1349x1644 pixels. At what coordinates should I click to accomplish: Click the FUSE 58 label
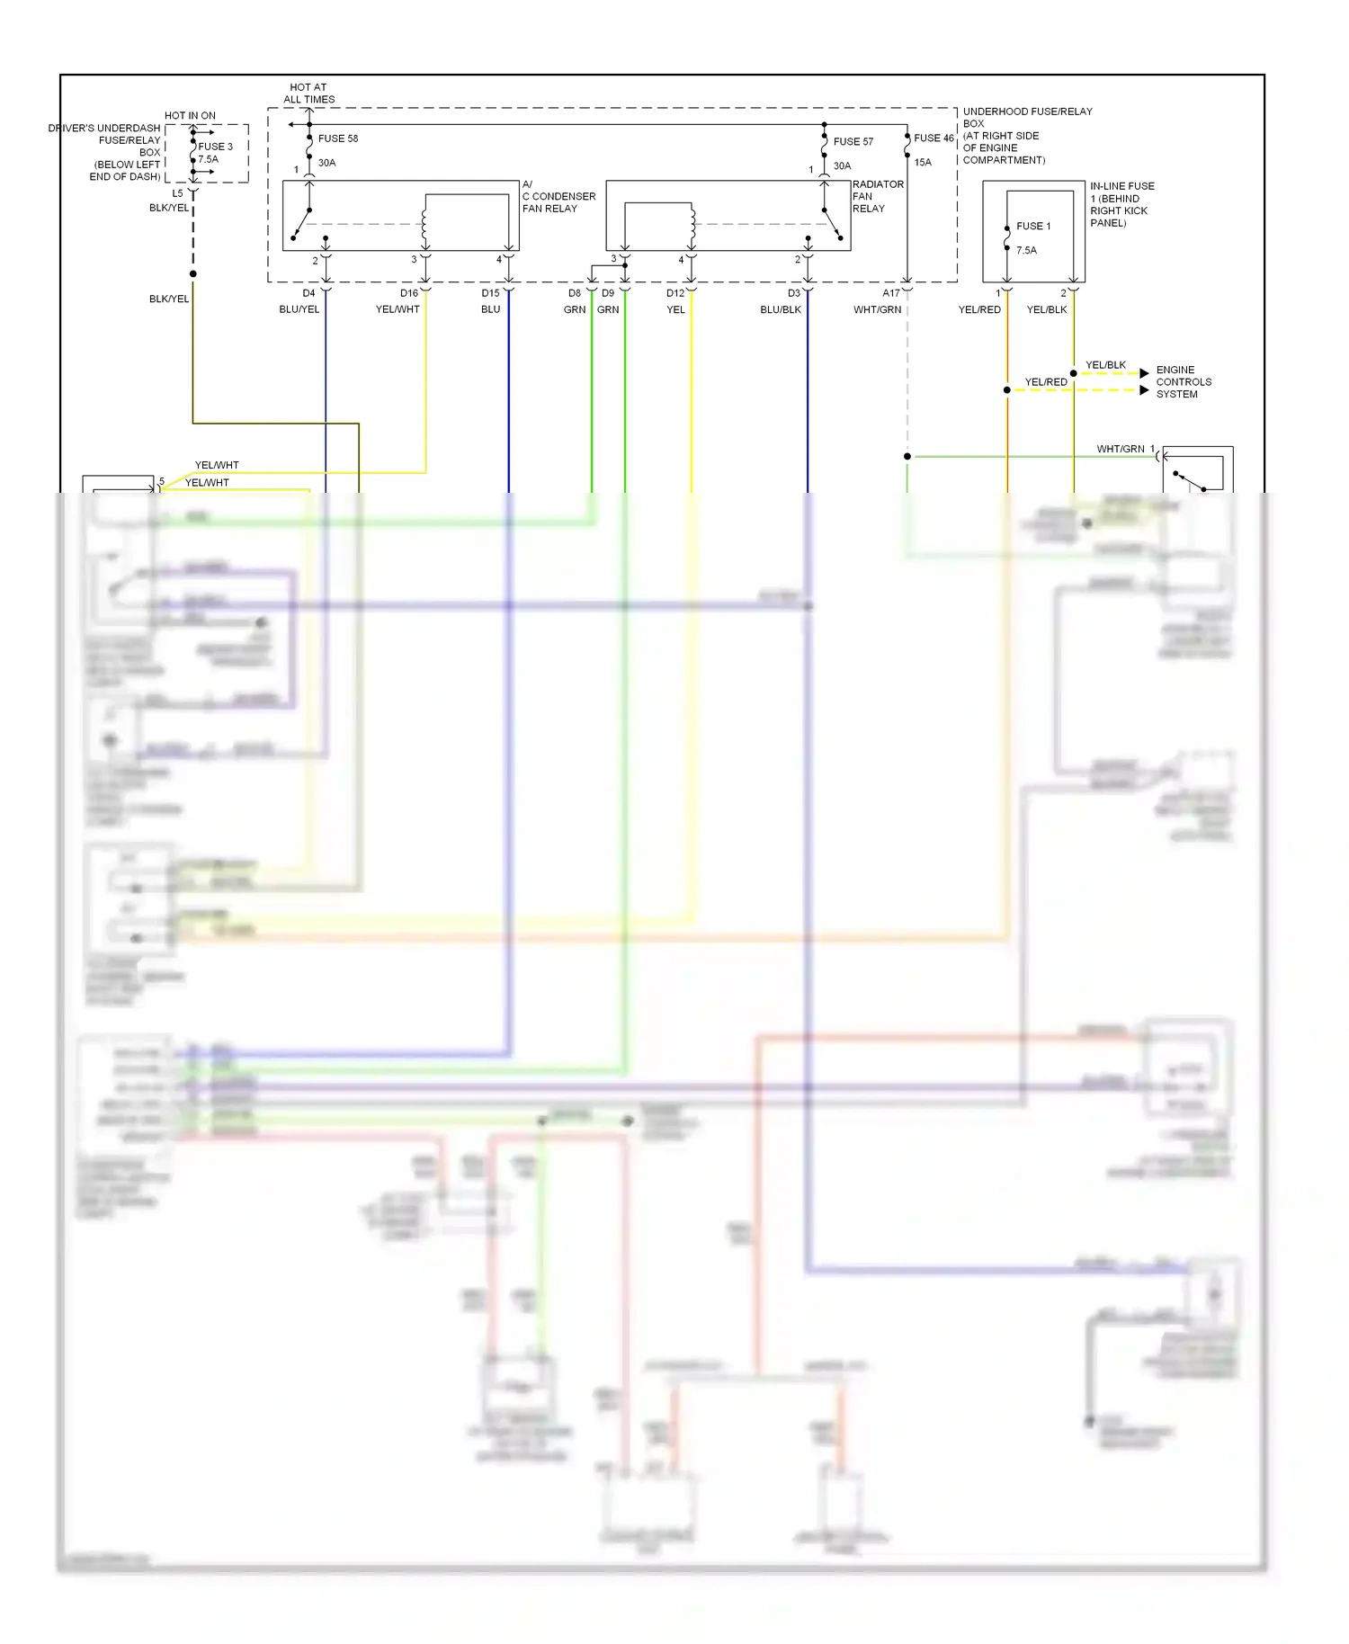tap(337, 138)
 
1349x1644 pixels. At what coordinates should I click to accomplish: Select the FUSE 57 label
tap(853, 141)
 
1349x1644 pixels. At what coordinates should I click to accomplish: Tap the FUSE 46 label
tap(934, 138)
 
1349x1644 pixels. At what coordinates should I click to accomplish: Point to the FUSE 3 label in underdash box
tap(215, 147)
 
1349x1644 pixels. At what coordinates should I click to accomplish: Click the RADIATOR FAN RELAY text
tap(877, 196)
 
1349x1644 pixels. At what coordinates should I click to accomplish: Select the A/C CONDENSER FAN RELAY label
tap(558, 196)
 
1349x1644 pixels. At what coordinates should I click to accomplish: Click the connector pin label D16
tap(409, 293)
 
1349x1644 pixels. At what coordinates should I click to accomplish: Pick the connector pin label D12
tap(675, 293)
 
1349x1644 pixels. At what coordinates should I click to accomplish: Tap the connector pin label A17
tap(890, 293)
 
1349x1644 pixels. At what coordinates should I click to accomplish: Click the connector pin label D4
tap(308, 293)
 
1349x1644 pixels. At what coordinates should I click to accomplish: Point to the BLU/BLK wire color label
tap(780, 309)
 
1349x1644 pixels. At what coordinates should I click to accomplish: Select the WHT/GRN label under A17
tap(877, 309)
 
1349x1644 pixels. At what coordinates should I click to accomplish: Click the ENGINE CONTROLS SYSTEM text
tap(1183, 382)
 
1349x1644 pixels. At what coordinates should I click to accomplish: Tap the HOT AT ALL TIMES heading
tap(308, 94)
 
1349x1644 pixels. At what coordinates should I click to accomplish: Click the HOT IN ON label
tap(190, 116)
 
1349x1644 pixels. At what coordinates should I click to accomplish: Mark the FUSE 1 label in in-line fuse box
tap(1033, 226)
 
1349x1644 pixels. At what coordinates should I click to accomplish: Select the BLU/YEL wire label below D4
tap(299, 309)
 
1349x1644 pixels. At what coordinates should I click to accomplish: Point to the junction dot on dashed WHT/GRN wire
tap(907, 457)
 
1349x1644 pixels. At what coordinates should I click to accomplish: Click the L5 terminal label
tap(177, 193)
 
